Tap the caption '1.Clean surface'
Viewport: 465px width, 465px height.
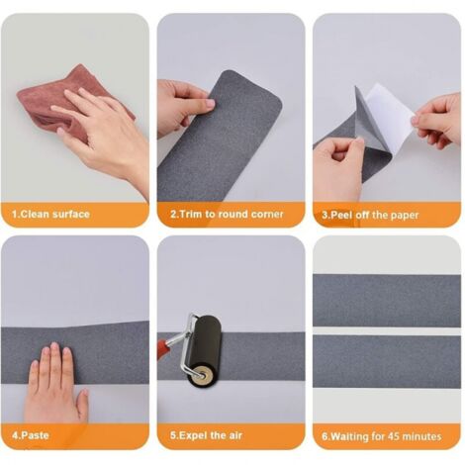(50, 215)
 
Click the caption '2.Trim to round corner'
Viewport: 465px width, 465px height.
(227, 215)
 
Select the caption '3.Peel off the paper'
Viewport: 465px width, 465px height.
(370, 216)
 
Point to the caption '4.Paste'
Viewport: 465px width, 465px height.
(31, 435)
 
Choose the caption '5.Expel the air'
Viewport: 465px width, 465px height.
(206, 435)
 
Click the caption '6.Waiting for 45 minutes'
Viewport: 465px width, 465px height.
(382, 436)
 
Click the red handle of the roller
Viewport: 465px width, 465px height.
(164, 349)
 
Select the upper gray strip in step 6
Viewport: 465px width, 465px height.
(387, 300)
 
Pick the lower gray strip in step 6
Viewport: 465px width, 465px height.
(387, 361)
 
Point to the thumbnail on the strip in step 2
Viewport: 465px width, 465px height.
(210, 103)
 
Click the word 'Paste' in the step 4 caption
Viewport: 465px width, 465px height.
(35, 435)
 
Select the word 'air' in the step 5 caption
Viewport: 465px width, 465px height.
(234, 435)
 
